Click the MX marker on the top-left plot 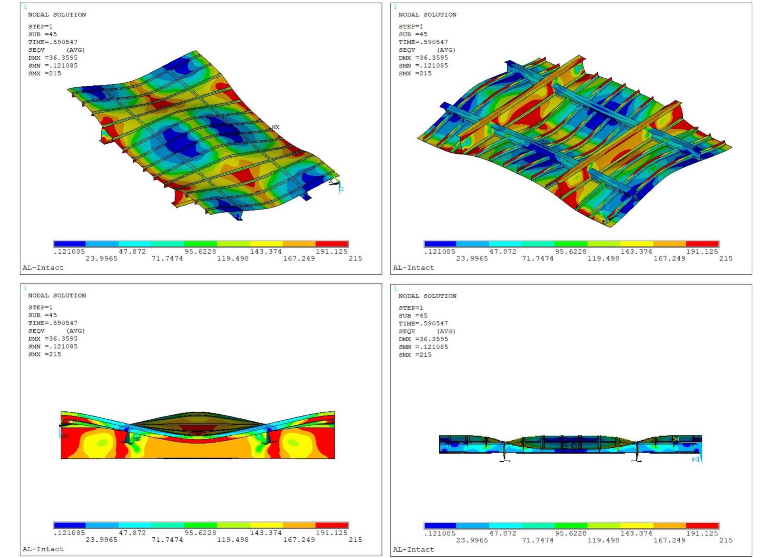point(275,127)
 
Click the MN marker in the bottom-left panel point(137,439)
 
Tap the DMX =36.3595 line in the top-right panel point(423,58)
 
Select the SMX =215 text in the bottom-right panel point(415,354)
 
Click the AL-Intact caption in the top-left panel point(43,268)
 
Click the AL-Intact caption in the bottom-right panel point(413,549)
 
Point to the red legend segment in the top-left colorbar point(332,244)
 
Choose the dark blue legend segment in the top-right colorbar point(440,244)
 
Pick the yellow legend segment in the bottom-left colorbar point(266,525)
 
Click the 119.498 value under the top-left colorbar point(233,258)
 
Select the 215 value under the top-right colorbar point(725,258)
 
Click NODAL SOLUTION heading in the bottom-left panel point(57,295)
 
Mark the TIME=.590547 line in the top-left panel point(53,42)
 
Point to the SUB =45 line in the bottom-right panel point(412,316)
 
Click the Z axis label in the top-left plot point(341,189)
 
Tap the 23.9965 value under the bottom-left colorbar point(102,540)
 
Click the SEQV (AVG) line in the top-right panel point(426,50)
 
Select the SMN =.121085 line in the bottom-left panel point(53,346)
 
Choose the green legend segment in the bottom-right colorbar point(571,525)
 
